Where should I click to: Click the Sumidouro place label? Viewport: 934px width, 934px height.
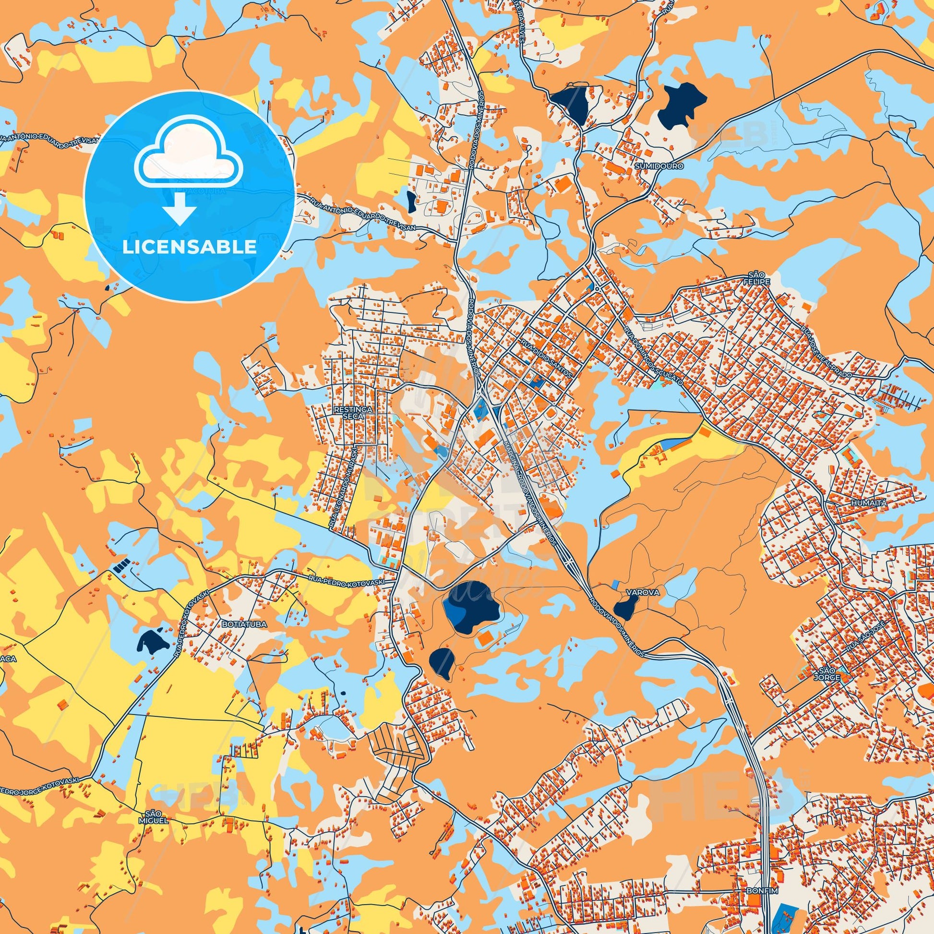[x=659, y=166]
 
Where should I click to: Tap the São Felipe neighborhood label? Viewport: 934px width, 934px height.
[x=757, y=281]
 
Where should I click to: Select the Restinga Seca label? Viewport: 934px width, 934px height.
[x=352, y=412]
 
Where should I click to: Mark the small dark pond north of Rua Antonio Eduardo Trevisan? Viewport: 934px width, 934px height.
[x=411, y=202]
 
